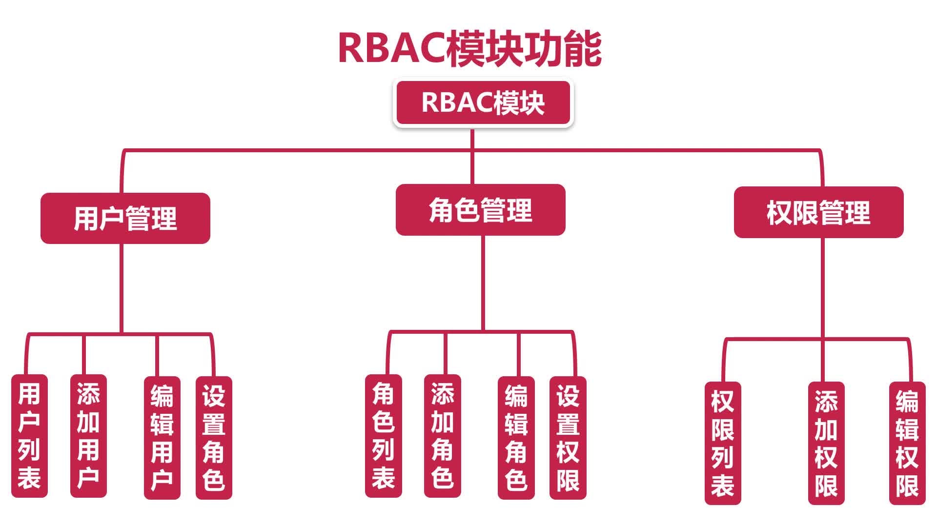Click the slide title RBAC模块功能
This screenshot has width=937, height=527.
coord(469,49)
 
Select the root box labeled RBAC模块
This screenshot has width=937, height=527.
coord(483,102)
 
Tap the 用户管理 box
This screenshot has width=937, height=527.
coord(125,218)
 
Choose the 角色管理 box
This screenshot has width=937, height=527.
coord(481,210)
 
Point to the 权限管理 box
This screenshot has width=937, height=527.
coord(819,212)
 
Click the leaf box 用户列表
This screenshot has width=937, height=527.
coord(29,436)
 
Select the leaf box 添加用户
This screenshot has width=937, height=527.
coord(88,436)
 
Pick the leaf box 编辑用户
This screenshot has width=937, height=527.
coord(162,438)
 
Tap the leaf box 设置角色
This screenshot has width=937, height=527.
coord(214,438)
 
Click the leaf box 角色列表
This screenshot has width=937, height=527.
coord(384,436)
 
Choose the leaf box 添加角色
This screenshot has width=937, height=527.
coord(443,436)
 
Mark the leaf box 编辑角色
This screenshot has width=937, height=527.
coord(516,438)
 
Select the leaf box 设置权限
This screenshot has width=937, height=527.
coord(568,438)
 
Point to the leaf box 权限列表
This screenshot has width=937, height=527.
coord(723,443)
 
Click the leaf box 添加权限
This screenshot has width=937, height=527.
coord(826,443)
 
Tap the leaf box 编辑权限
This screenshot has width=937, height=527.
coord(907,443)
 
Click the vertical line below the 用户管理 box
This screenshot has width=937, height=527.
coord(122,288)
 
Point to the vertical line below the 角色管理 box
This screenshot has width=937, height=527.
coord(483,284)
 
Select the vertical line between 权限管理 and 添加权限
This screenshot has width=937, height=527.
coord(823,310)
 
